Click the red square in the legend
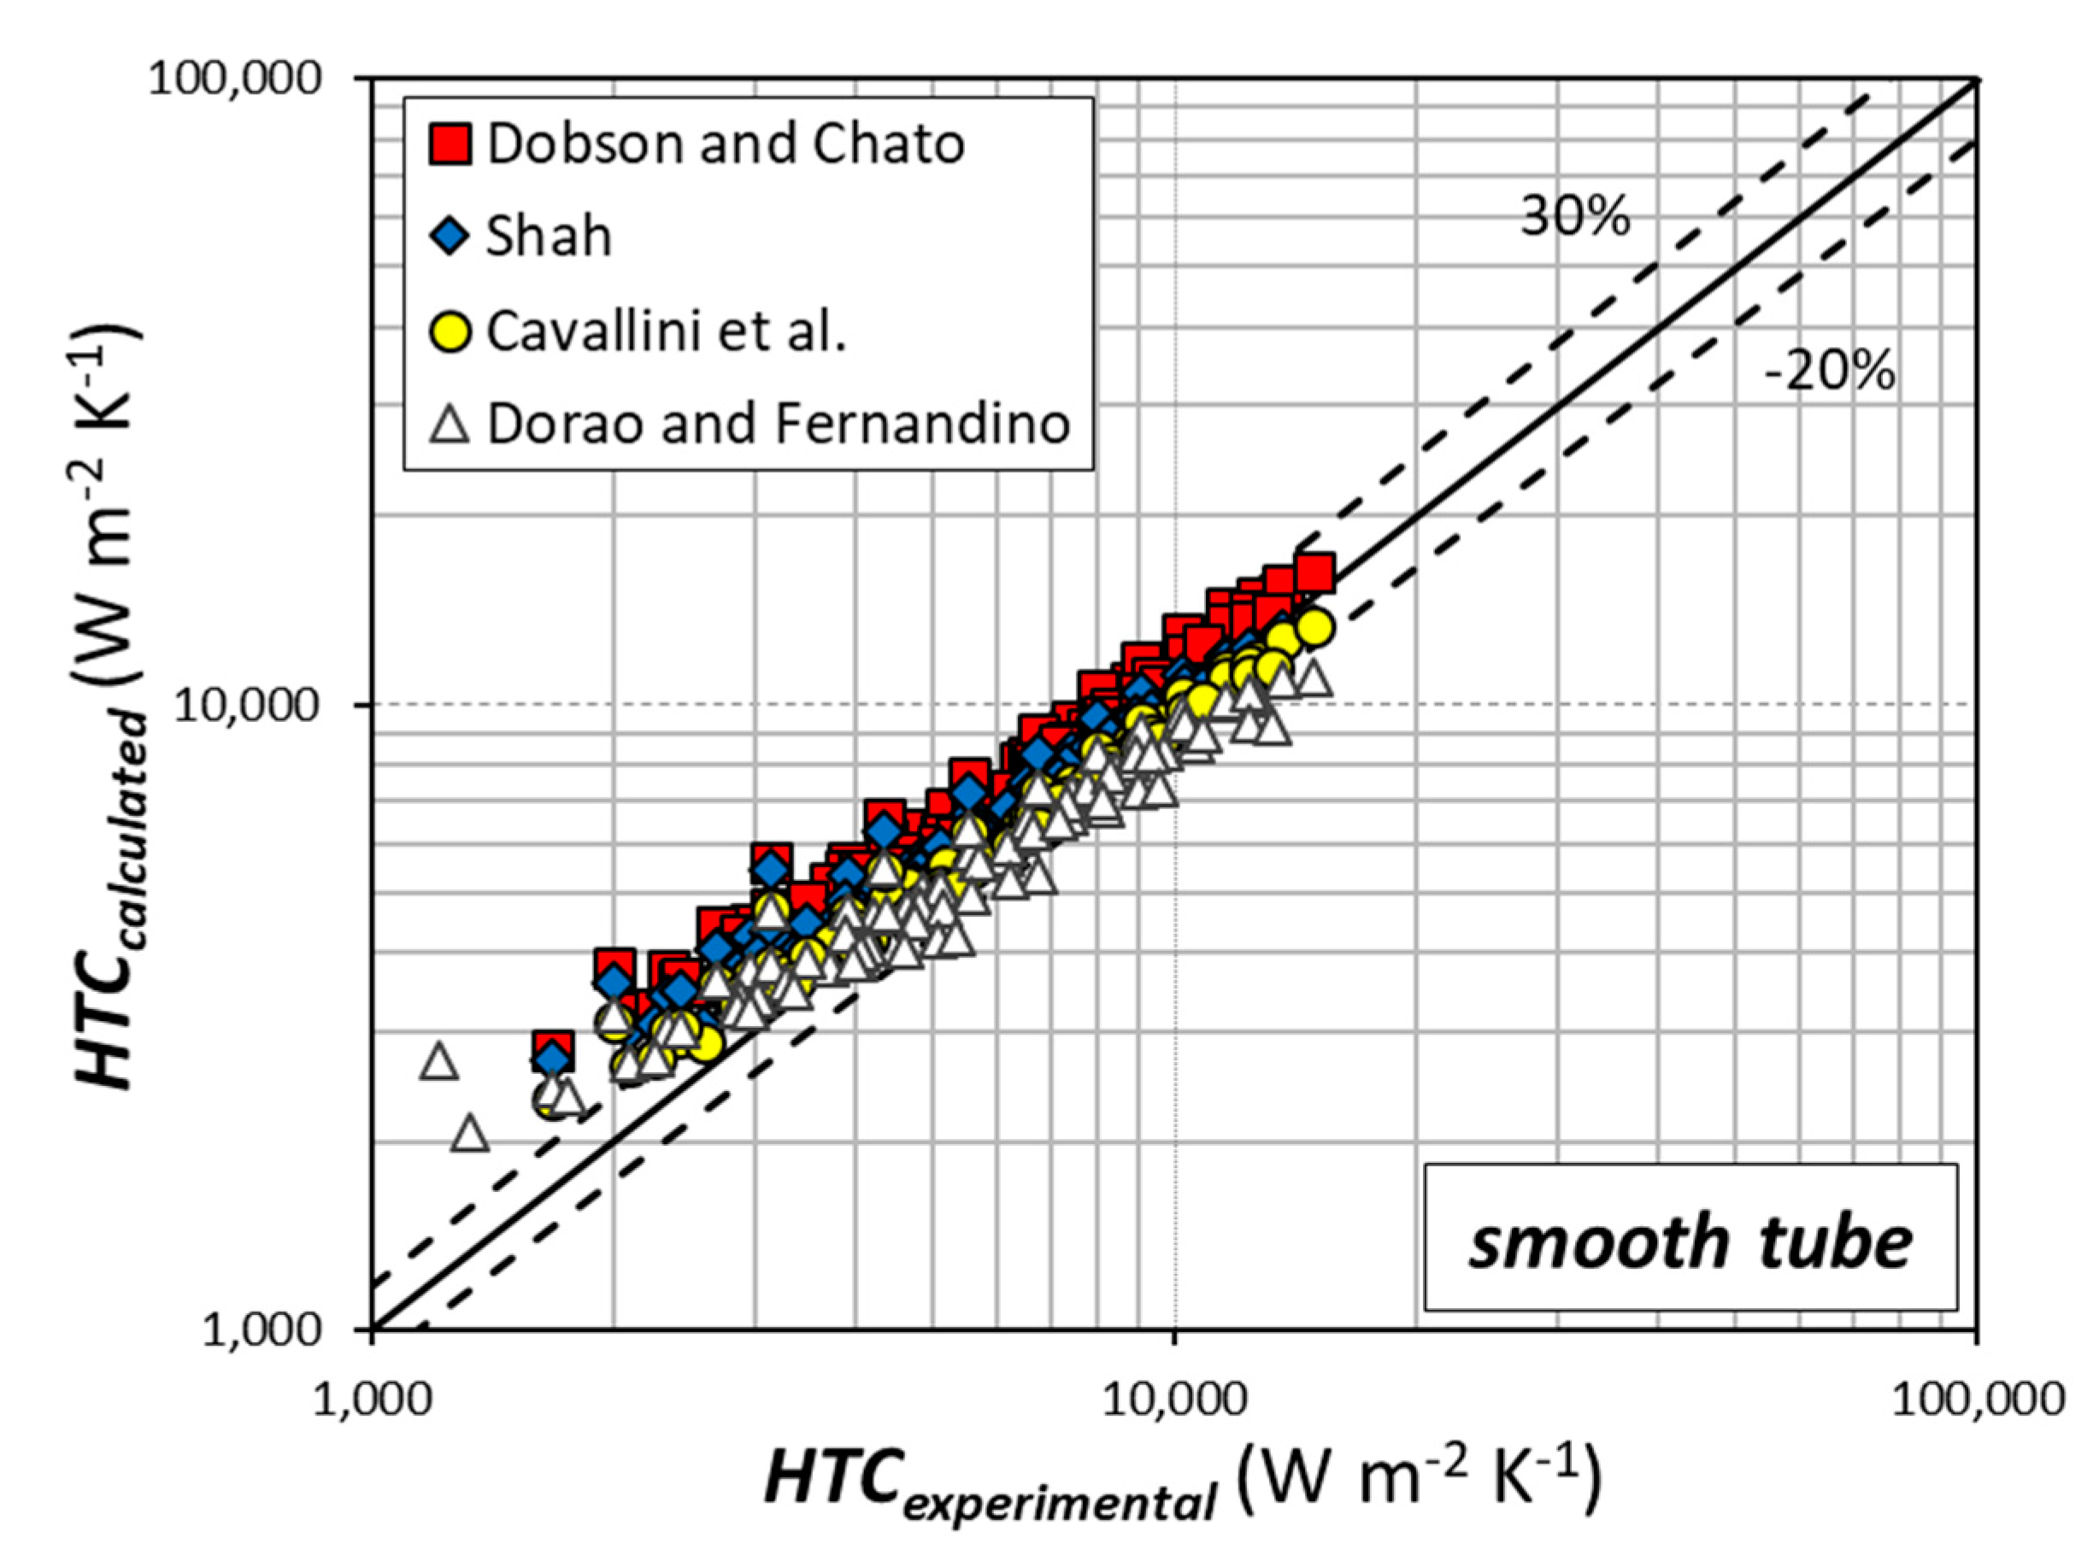(x=450, y=144)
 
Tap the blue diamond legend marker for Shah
(x=450, y=235)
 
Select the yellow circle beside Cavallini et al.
(x=450, y=331)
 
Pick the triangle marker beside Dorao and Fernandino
(x=450, y=423)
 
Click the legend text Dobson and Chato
(x=726, y=144)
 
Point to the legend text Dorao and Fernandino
(x=779, y=423)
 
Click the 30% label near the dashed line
(x=1574, y=216)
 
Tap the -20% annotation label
(x=1829, y=371)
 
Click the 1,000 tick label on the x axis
(x=373, y=1399)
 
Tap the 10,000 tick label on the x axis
(x=1175, y=1399)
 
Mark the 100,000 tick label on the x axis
(x=1977, y=1399)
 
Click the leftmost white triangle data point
(x=438, y=1062)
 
